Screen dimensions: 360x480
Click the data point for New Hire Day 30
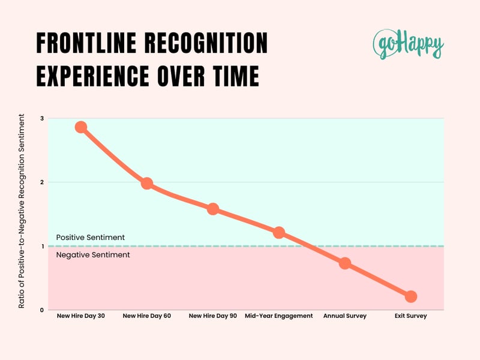81,127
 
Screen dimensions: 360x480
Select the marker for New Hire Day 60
146,184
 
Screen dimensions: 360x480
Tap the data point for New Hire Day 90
212,209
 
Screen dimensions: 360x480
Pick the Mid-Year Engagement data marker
279,232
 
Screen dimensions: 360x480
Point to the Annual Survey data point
344,263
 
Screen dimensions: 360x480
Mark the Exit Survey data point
410,296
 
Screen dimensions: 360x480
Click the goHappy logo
408,44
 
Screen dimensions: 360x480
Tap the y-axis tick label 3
41,119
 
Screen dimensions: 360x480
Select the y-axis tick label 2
41,182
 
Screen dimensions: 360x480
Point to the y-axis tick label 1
41,246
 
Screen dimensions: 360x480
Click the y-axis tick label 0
41,310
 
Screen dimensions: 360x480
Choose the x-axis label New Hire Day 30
81,316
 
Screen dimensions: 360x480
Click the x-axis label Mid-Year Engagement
279,316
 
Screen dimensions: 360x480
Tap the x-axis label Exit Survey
410,316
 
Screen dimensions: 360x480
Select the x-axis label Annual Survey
344,316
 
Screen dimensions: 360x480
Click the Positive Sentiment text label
90,238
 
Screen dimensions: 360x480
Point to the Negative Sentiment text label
92,255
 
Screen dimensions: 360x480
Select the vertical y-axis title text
22,214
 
